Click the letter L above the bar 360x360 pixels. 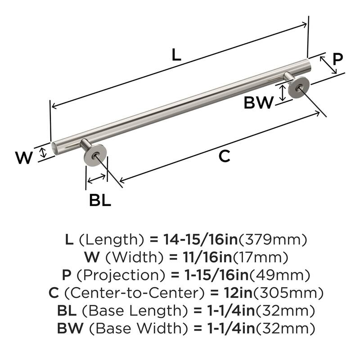click(x=176, y=55)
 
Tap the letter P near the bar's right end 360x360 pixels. click(x=337, y=58)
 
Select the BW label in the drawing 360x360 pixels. click(x=258, y=103)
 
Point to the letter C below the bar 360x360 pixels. click(x=224, y=156)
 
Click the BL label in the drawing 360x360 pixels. click(x=100, y=200)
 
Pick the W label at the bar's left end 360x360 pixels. click(x=24, y=158)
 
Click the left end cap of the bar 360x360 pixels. click(x=54, y=148)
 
